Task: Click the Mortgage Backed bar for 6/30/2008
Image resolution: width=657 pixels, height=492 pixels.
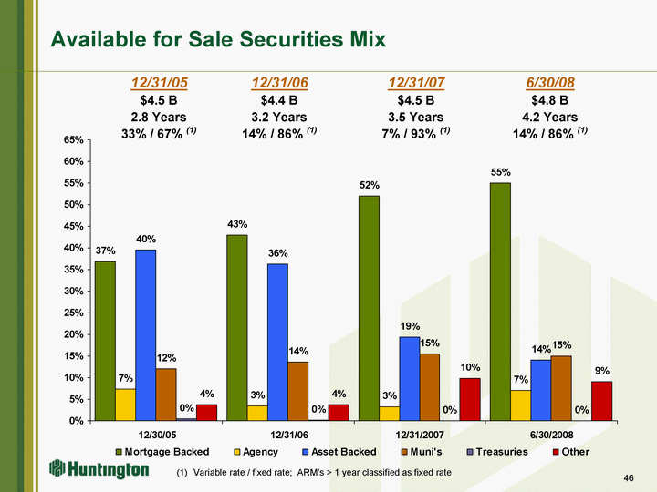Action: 500,302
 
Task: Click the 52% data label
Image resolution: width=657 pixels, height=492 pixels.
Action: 369,185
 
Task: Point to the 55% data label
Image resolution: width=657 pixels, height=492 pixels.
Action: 500,172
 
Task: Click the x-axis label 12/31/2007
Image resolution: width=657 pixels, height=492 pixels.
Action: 419,435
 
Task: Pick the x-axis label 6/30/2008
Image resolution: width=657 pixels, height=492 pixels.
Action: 550,435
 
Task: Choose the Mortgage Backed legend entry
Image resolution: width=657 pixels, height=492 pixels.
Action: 166,452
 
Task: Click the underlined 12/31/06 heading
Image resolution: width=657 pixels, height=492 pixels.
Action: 279,83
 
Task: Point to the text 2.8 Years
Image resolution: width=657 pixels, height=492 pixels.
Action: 160,117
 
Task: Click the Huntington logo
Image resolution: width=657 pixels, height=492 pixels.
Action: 99,470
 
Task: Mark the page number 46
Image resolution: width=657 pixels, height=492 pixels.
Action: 628,477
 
